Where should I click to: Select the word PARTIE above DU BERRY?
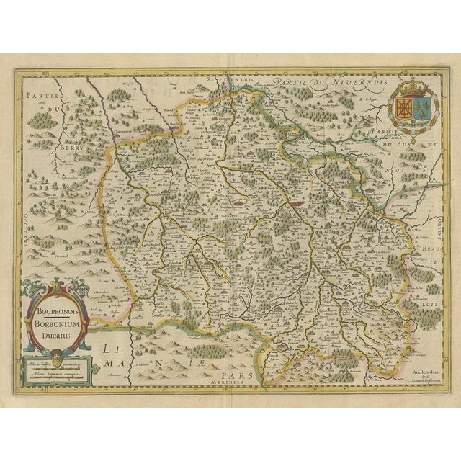click(x=36, y=94)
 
